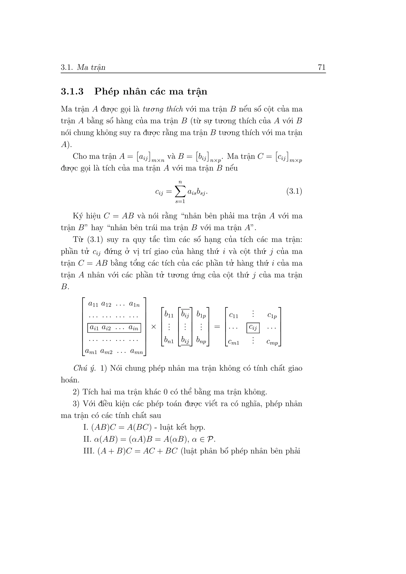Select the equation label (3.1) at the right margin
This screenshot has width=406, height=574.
[294, 192]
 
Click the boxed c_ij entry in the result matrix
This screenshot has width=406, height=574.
[253, 327]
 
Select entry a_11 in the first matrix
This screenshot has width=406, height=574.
[93, 304]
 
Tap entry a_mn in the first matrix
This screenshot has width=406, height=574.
[137, 352]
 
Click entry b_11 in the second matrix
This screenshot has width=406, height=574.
[169, 315]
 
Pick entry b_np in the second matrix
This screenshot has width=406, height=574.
[201, 340]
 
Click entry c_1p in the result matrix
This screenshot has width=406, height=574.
[272, 316]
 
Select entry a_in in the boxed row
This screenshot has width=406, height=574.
[133, 328]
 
